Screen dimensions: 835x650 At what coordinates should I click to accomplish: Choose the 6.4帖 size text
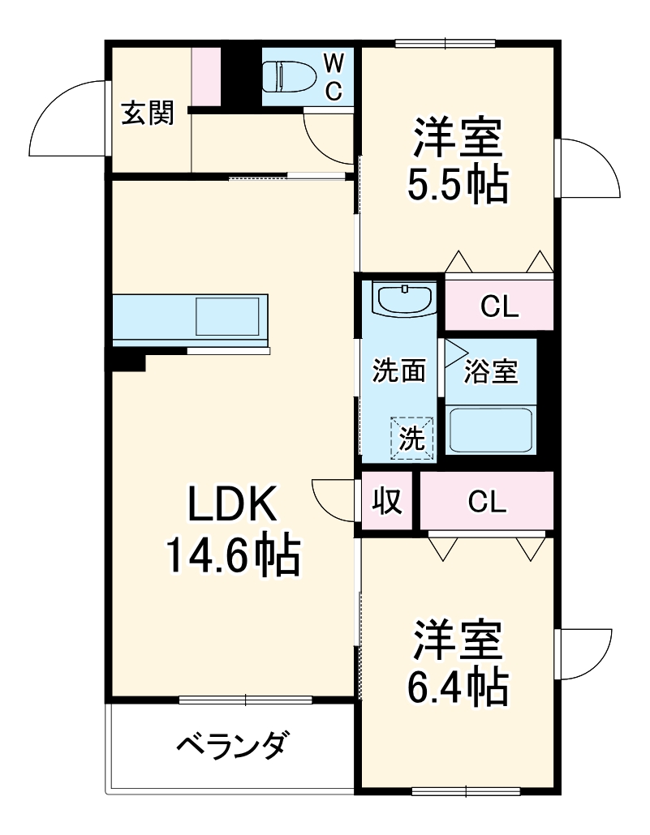click(458, 688)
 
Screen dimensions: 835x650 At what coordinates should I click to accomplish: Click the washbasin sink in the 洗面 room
click(403, 299)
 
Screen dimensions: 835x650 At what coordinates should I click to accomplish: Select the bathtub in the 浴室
click(489, 430)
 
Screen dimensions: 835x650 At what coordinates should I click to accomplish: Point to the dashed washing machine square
click(411, 439)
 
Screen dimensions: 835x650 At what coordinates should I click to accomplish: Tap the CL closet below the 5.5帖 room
click(498, 306)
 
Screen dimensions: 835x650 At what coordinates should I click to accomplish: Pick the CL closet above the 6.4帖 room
click(487, 502)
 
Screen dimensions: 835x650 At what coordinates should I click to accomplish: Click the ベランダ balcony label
click(230, 743)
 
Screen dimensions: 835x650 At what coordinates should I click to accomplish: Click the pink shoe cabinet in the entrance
click(205, 76)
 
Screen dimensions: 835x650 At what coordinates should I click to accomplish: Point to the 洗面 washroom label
click(399, 371)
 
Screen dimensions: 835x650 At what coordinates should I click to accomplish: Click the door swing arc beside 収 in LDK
click(333, 499)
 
